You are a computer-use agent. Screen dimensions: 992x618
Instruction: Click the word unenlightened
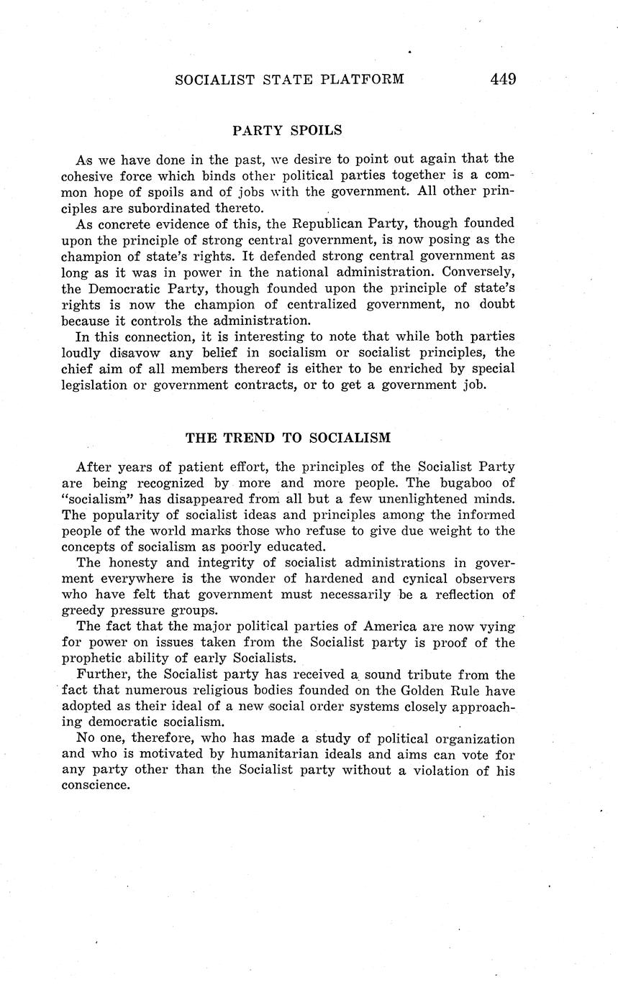coord(415,499)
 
